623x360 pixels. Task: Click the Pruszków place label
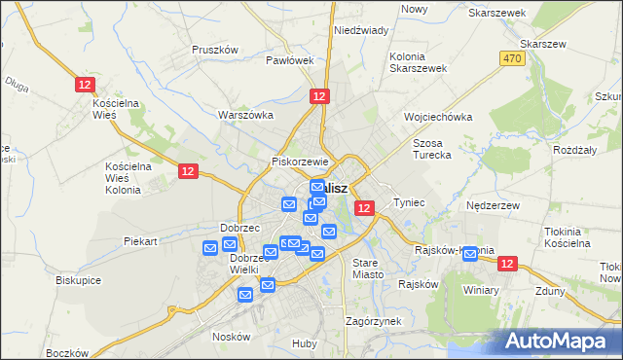pyautogui.click(x=215, y=50)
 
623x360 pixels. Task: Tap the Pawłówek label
pyautogui.click(x=290, y=60)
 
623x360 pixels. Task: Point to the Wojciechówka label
pyautogui.click(x=438, y=117)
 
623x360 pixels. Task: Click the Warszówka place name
pyautogui.click(x=244, y=115)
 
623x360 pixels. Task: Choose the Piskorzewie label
pyautogui.click(x=303, y=162)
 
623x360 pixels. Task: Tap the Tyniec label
pyautogui.click(x=410, y=202)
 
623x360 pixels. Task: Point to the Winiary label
pyautogui.click(x=481, y=290)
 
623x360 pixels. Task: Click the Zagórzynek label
pyautogui.click(x=374, y=321)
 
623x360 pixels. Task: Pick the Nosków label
pyautogui.click(x=231, y=337)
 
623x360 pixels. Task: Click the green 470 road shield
pyautogui.click(x=513, y=59)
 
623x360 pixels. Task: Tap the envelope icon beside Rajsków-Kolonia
pyautogui.click(x=471, y=255)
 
